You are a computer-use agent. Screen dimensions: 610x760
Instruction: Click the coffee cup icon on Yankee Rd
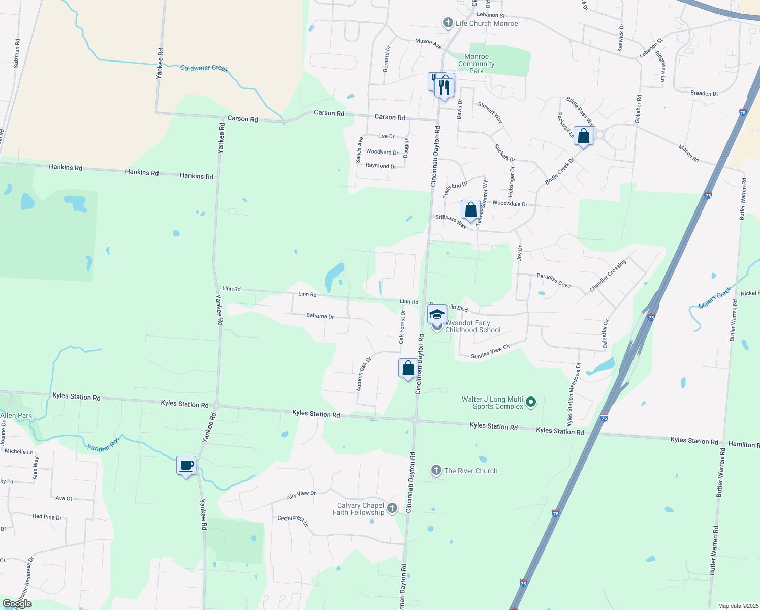186,466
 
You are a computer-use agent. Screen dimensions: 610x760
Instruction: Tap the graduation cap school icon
437,314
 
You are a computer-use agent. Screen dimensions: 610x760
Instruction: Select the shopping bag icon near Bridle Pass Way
584,136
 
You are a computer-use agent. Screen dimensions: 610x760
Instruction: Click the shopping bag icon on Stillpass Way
471,210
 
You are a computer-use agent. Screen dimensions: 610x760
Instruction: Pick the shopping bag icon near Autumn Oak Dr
408,369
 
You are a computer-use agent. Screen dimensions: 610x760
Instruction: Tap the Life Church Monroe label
487,23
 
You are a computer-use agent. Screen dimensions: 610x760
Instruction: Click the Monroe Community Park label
477,64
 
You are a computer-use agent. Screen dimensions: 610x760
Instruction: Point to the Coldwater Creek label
204,68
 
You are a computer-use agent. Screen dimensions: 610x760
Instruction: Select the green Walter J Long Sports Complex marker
531,402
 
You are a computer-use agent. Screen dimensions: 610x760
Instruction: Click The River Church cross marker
436,470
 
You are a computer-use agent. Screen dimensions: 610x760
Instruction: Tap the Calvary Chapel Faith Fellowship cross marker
392,508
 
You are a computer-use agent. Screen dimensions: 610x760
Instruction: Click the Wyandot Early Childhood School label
472,326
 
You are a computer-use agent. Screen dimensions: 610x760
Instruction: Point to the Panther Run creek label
104,445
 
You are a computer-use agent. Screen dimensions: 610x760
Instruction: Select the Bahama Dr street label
320,316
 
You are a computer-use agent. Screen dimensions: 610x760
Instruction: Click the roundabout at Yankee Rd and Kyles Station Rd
216,406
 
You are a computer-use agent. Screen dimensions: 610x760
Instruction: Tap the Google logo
17,604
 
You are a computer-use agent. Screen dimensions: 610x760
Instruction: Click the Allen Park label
16,415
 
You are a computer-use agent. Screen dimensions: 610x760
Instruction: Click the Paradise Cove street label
553,281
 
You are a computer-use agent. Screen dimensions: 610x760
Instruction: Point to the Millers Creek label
715,298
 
